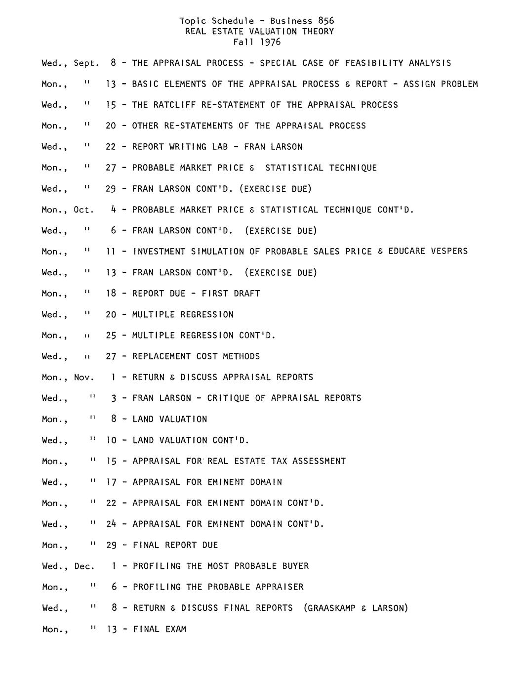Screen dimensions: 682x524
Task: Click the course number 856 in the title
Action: click(x=326, y=21)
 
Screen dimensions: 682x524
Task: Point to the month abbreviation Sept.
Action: click(x=86, y=63)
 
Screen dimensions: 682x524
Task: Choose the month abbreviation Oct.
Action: click(x=83, y=210)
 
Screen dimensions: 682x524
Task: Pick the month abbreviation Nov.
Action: click(x=84, y=378)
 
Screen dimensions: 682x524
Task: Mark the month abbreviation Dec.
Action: click(x=84, y=566)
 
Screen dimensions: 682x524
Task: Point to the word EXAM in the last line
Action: click(x=176, y=629)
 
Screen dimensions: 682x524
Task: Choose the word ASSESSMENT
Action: click(x=319, y=461)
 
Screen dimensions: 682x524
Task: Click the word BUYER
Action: click(x=295, y=566)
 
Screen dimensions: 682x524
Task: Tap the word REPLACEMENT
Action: click(x=161, y=356)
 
